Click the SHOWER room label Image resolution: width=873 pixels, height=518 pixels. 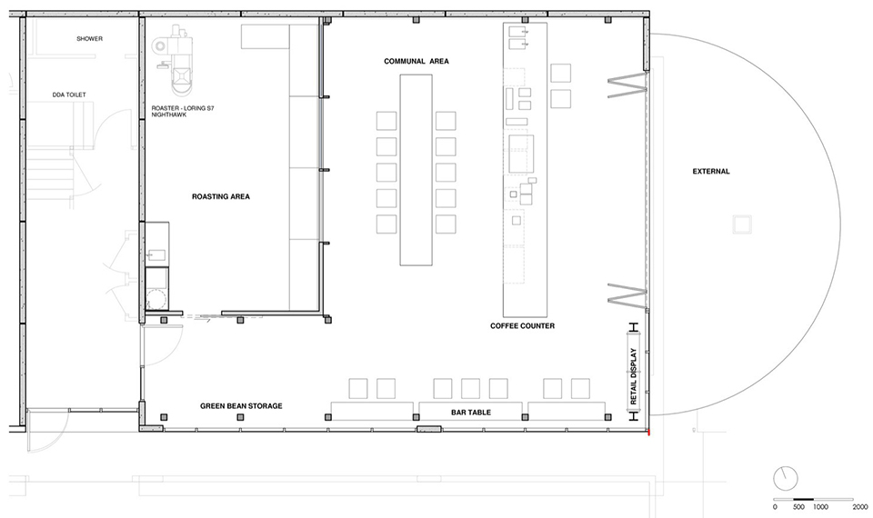click(90, 39)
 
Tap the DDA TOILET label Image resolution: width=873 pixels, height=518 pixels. click(69, 95)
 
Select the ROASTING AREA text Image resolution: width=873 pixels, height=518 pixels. click(221, 196)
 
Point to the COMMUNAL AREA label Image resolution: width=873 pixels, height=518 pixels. click(416, 61)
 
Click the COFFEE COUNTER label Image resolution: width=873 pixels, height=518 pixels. click(522, 326)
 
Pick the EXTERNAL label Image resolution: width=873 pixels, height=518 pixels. click(711, 172)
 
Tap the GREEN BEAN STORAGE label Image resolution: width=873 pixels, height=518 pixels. click(241, 406)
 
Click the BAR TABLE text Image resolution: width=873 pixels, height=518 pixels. click(471, 413)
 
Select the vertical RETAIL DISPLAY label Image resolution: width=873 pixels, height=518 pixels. click(633, 376)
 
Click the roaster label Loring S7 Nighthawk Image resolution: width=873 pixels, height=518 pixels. click(183, 111)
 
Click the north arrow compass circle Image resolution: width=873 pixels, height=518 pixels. click(786, 479)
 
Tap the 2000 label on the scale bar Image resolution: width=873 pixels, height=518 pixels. click(860, 507)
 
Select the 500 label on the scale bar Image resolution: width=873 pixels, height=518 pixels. click(798, 507)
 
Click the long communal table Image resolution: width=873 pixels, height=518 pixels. click(416, 170)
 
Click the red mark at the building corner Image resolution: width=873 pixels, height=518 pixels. click(648, 432)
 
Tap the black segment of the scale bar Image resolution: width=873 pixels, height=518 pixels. click(803, 499)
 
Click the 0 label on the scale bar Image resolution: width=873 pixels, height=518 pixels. click(775, 507)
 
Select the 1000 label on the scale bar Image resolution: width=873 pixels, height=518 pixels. click(820, 507)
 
